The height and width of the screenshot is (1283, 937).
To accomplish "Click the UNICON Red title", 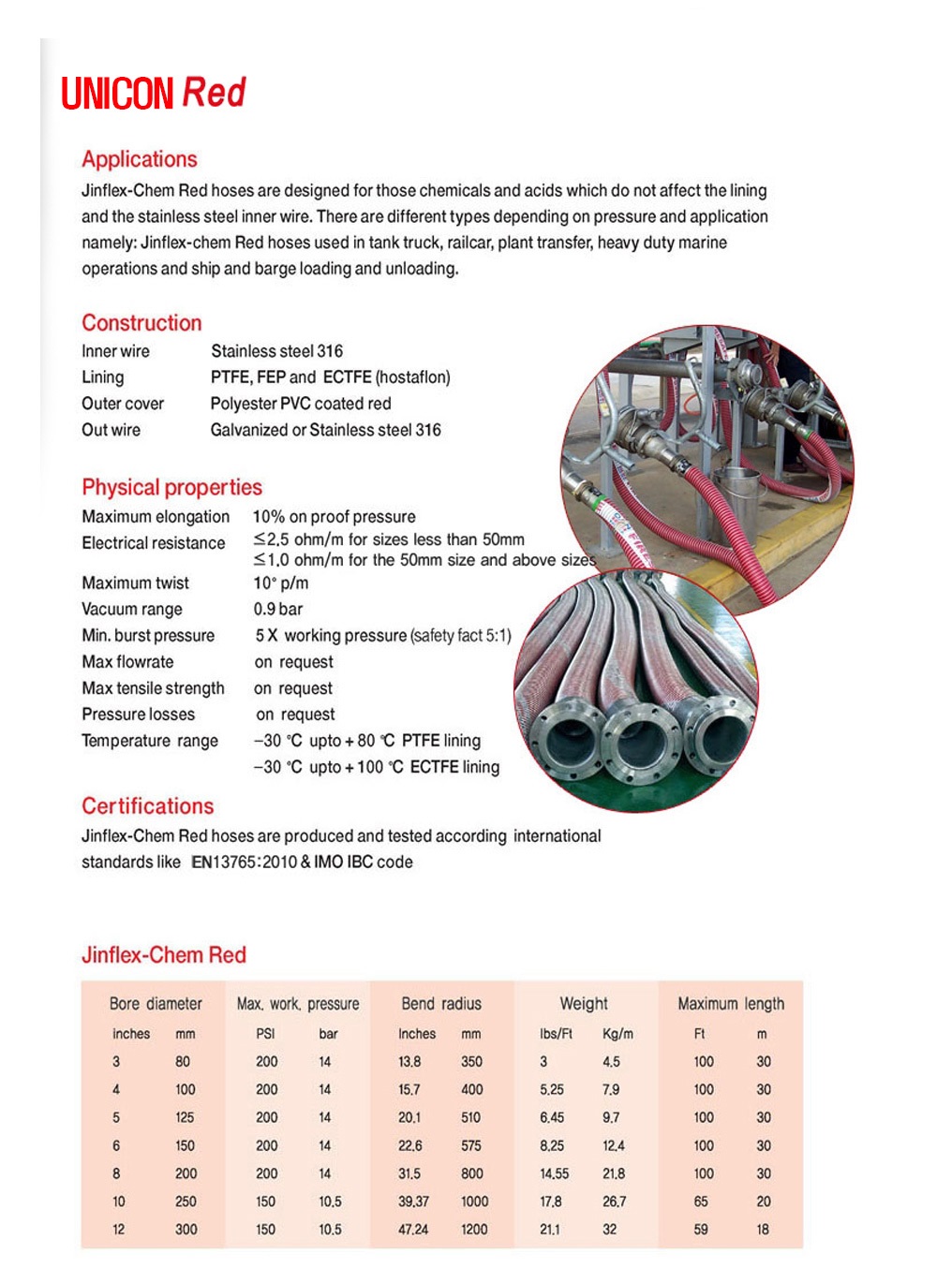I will coord(153,93).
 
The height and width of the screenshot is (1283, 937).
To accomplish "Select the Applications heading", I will coord(139,159).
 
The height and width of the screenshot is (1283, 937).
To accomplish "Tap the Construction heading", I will coord(141,323).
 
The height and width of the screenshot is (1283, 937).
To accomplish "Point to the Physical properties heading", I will coord(171,487).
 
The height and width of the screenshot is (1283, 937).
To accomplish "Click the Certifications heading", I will coord(147,806).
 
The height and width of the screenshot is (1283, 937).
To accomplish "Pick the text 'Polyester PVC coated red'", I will coord(301,404).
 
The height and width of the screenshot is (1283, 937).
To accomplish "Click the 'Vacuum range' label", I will coord(131,610).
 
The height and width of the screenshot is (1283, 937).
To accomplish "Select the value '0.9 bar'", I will coord(278,610).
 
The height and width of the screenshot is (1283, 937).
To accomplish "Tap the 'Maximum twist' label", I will coord(135,583).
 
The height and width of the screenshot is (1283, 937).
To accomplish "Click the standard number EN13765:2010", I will coord(244,863).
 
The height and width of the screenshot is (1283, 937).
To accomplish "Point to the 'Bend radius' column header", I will coord(440,1004).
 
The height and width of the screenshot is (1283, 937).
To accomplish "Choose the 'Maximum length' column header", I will coord(731,1004).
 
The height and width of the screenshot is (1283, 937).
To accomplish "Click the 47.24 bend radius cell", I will coord(413,1230).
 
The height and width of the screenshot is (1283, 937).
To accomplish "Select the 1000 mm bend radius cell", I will coord(474,1202).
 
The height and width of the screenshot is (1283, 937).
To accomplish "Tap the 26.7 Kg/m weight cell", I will coord(614,1202).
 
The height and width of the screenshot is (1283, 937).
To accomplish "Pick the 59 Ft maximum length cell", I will coord(701,1230).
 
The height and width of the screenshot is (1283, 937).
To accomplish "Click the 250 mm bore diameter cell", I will coord(186,1202).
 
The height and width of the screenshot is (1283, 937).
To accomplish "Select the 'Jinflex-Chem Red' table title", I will coord(163,955).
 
